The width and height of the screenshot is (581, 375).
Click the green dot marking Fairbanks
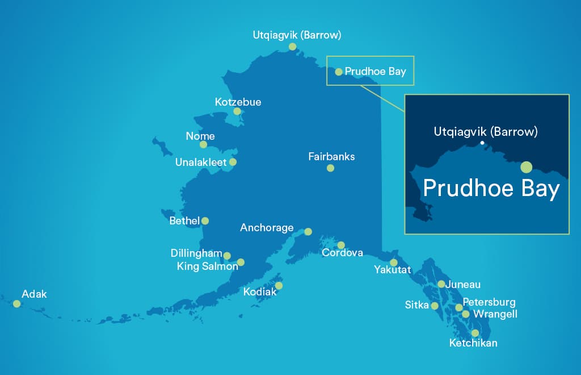point(330,168)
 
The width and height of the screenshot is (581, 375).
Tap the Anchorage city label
point(267,228)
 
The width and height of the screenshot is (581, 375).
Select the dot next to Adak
point(17,304)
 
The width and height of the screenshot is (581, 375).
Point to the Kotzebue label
point(238,102)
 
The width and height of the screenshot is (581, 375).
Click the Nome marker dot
point(203,144)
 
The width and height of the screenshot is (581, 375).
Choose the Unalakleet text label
point(201,163)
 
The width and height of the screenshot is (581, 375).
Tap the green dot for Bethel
point(205,220)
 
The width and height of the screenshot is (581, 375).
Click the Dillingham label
point(196,253)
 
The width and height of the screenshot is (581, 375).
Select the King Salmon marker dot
point(241,262)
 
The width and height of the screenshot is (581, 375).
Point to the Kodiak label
point(260,292)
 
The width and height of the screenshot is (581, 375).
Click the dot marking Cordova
point(340,245)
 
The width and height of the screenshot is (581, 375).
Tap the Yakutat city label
point(392,270)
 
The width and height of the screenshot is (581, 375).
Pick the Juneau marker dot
point(441,284)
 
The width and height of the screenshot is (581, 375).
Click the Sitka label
point(416,305)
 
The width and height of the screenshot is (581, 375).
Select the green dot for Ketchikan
point(475,333)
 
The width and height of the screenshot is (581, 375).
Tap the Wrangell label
point(495,314)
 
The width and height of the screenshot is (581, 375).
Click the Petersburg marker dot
point(458,307)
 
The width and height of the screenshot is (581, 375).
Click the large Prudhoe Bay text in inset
point(491,189)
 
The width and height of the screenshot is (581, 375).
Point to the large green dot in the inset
point(526,167)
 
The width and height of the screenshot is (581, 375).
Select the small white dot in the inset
point(482,143)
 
